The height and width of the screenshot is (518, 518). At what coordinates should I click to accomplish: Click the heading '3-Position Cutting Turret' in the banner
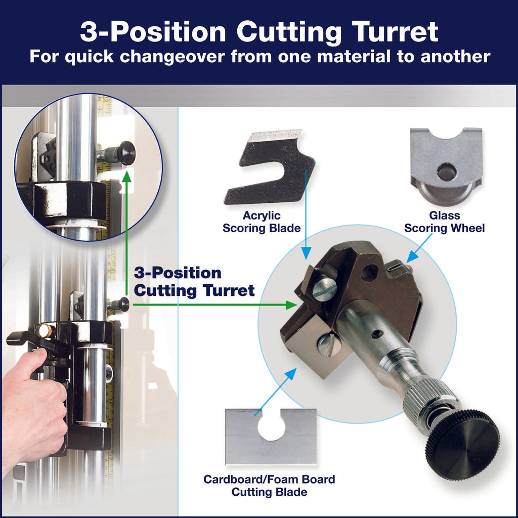(258, 32)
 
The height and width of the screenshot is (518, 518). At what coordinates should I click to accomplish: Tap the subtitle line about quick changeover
(258, 56)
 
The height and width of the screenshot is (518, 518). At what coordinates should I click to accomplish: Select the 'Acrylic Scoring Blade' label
(262, 222)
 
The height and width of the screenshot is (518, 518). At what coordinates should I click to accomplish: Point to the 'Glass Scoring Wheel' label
(444, 222)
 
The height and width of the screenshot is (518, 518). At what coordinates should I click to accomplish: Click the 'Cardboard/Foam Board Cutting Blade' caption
(269, 485)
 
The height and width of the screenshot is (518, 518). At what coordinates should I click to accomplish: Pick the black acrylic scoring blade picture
(271, 167)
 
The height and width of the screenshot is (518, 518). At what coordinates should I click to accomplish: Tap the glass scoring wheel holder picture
(446, 166)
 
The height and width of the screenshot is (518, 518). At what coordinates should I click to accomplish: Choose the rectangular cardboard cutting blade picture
(271, 436)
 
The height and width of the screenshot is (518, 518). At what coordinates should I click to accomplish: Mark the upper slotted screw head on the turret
(324, 289)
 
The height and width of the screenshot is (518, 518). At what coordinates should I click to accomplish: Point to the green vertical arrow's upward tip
(126, 176)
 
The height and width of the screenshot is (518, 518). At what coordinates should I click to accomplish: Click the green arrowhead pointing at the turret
(291, 305)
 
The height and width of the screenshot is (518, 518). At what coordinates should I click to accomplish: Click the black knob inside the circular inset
(125, 153)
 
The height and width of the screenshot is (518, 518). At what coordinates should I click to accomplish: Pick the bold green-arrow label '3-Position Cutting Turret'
(194, 282)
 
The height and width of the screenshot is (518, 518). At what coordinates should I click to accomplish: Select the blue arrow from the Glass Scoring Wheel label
(419, 248)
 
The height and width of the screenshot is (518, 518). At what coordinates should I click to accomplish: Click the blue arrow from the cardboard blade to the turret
(276, 392)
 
